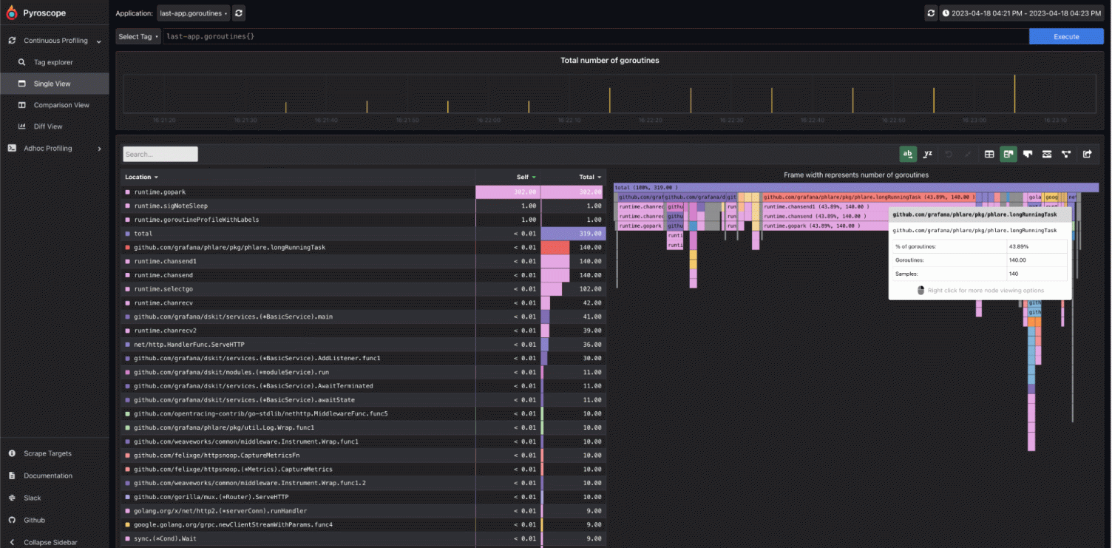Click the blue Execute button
click(1065, 36)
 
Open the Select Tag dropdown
click(138, 36)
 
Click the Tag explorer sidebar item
click(53, 62)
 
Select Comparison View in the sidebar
click(61, 105)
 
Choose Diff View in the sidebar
click(48, 126)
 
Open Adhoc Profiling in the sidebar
click(48, 149)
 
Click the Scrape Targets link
click(47, 453)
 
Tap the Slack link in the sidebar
click(32, 498)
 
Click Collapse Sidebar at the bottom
click(50, 542)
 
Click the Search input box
click(160, 154)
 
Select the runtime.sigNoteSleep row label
click(171, 206)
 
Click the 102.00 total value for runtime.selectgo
click(589, 289)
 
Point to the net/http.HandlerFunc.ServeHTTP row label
click(189, 345)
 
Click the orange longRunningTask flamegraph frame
click(869, 197)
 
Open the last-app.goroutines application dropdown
click(194, 13)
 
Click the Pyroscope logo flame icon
click(11, 13)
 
